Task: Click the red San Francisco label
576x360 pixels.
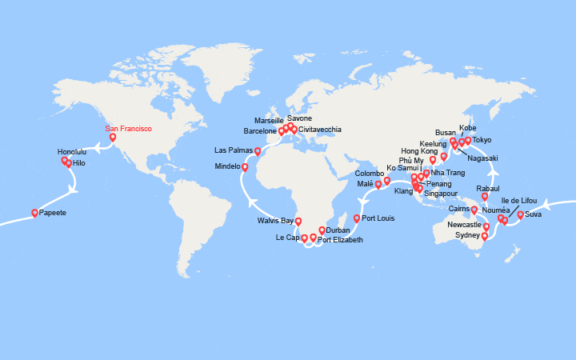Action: click(129, 128)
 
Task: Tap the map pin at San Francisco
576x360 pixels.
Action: click(112, 137)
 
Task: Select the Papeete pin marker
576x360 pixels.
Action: click(34, 213)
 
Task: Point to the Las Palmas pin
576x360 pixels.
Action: click(258, 150)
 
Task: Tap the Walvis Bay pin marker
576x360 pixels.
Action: click(298, 221)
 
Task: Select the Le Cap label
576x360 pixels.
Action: click(286, 238)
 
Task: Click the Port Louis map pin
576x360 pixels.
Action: click(356, 218)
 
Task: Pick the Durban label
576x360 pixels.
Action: click(338, 230)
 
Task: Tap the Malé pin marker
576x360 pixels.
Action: click(378, 184)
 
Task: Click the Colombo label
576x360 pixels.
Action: click(370, 172)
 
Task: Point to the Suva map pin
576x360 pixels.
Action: click(520, 214)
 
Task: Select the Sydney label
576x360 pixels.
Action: click(467, 236)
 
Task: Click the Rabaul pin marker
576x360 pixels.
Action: click(485, 196)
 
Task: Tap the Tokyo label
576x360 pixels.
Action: click(482, 140)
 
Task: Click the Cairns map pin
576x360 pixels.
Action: click(474, 210)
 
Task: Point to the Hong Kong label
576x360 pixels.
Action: click(420, 150)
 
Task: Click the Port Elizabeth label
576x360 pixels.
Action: click(340, 240)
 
